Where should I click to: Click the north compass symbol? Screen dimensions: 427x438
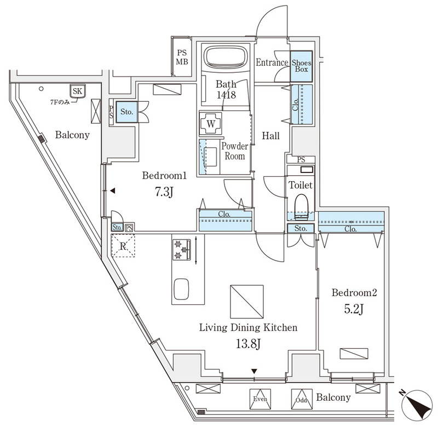417,406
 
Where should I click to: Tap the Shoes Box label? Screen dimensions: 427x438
301,66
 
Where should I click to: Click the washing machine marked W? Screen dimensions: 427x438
211,124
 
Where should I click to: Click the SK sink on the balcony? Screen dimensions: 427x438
77,91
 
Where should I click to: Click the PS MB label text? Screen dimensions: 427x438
182,57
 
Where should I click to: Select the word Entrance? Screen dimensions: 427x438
272,62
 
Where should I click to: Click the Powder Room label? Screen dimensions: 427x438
234,151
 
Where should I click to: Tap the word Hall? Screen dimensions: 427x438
270,135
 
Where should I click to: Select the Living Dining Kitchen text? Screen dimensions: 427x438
248,328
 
